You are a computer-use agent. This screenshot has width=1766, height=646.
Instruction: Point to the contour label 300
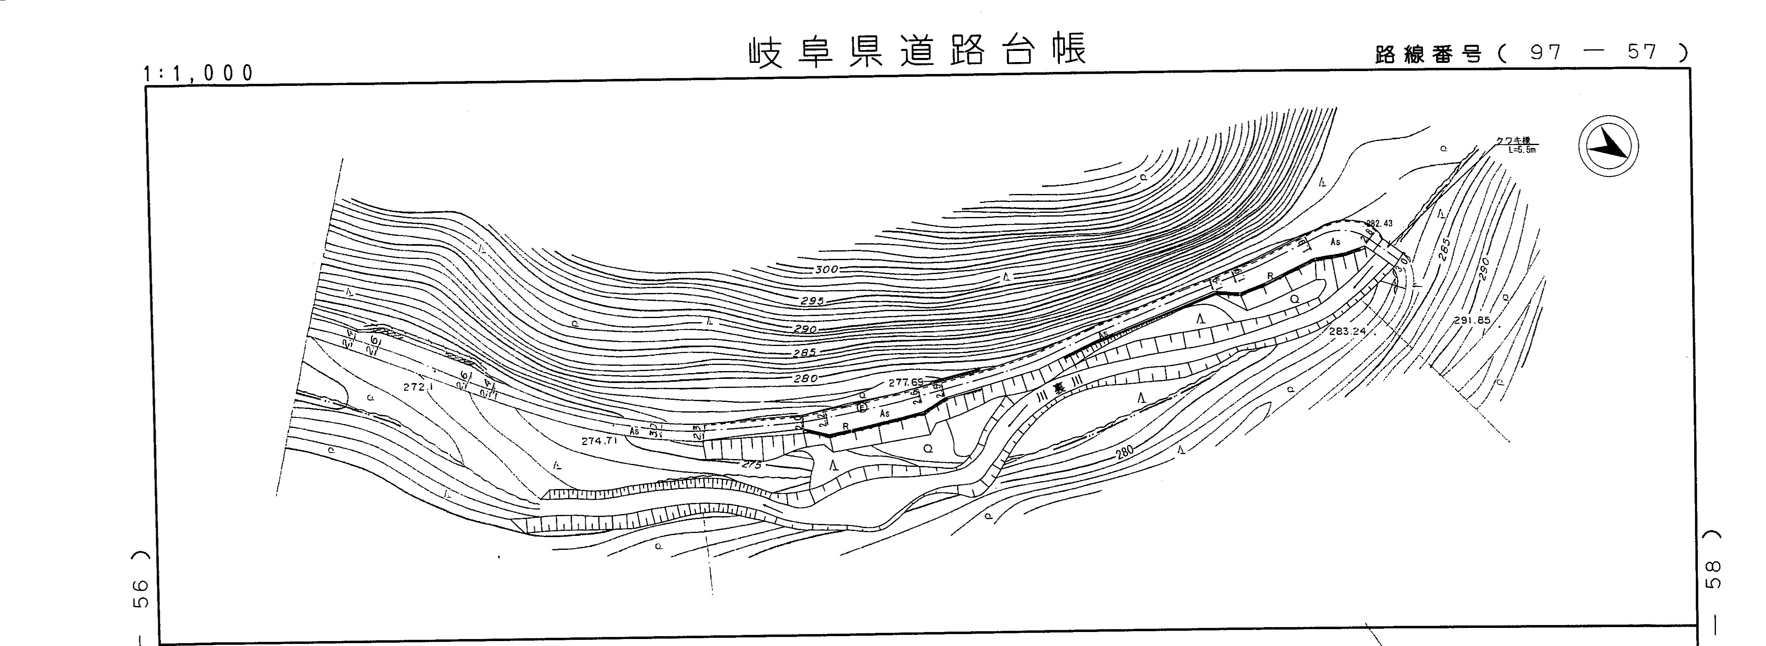pyautogui.click(x=827, y=270)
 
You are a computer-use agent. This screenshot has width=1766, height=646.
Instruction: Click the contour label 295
pyautogui.click(x=812, y=300)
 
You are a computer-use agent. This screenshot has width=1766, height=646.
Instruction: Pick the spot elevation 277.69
pyautogui.click(x=906, y=383)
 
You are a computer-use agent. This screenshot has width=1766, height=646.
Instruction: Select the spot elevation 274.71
pyautogui.click(x=600, y=441)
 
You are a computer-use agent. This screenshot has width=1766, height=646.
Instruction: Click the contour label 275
pyautogui.click(x=752, y=464)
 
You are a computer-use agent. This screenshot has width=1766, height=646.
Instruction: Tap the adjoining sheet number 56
pyautogui.click(x=139, y=594)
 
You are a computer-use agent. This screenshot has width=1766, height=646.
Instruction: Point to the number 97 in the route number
pyautogui.click(x=1545, y=53)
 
